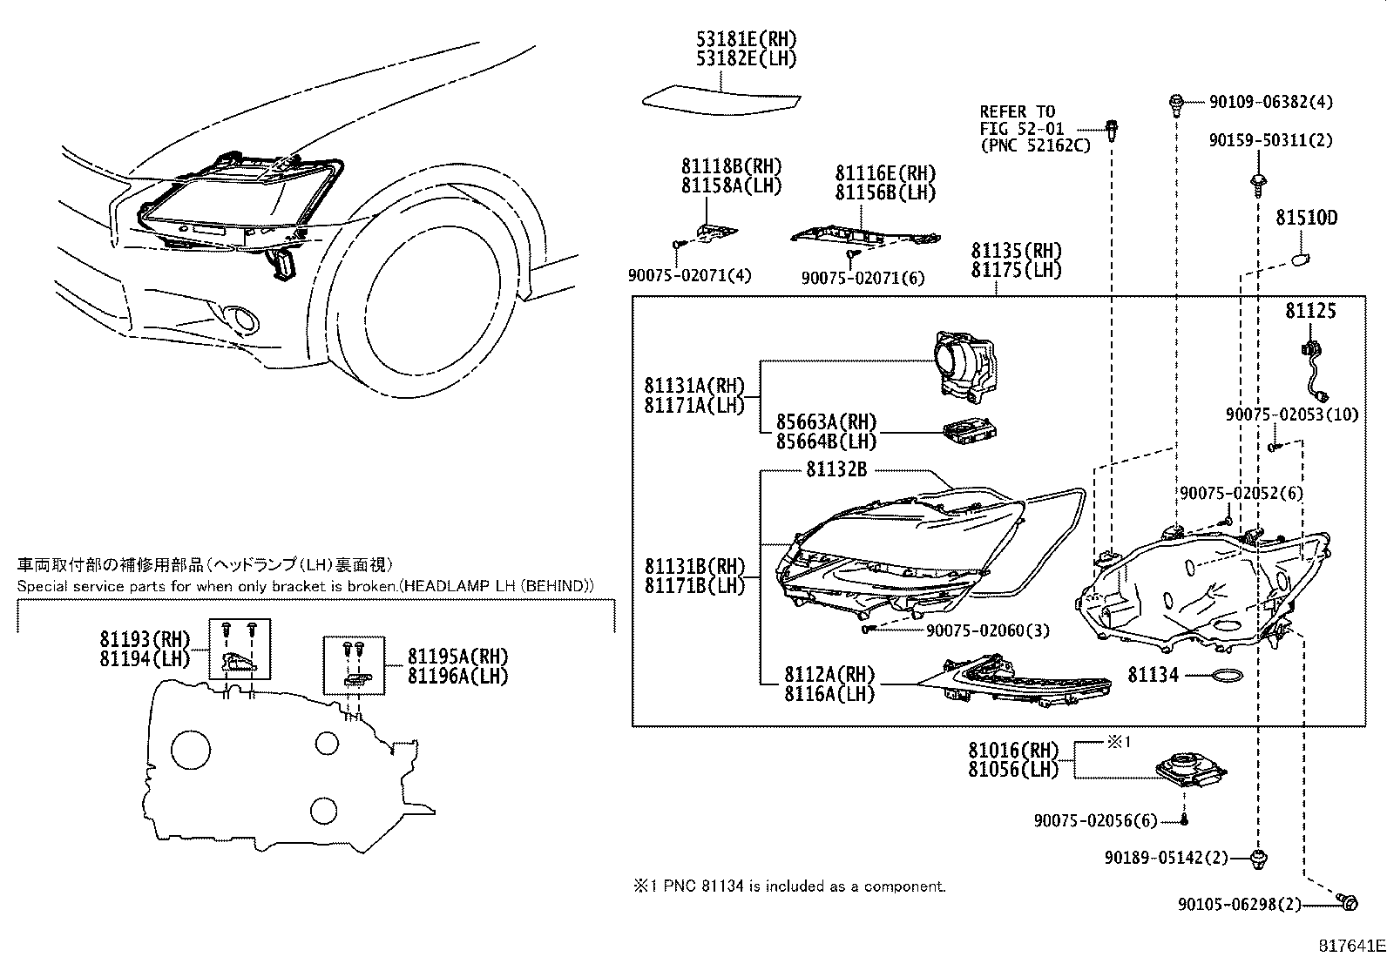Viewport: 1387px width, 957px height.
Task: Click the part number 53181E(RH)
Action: point(746,39)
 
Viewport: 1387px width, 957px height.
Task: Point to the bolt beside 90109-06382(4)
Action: point(1175,103)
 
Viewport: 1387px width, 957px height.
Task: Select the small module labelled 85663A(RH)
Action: point(970,431)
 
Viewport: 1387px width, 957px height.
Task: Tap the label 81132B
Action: point(836,469)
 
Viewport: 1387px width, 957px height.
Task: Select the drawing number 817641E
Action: point(1350,944)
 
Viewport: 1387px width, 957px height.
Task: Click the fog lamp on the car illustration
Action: point(241,320)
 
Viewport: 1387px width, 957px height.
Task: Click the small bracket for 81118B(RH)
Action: point(714,231)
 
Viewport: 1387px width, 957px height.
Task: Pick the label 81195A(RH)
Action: point(457,657)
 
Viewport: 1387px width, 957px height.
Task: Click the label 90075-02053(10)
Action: point(1291,415)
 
